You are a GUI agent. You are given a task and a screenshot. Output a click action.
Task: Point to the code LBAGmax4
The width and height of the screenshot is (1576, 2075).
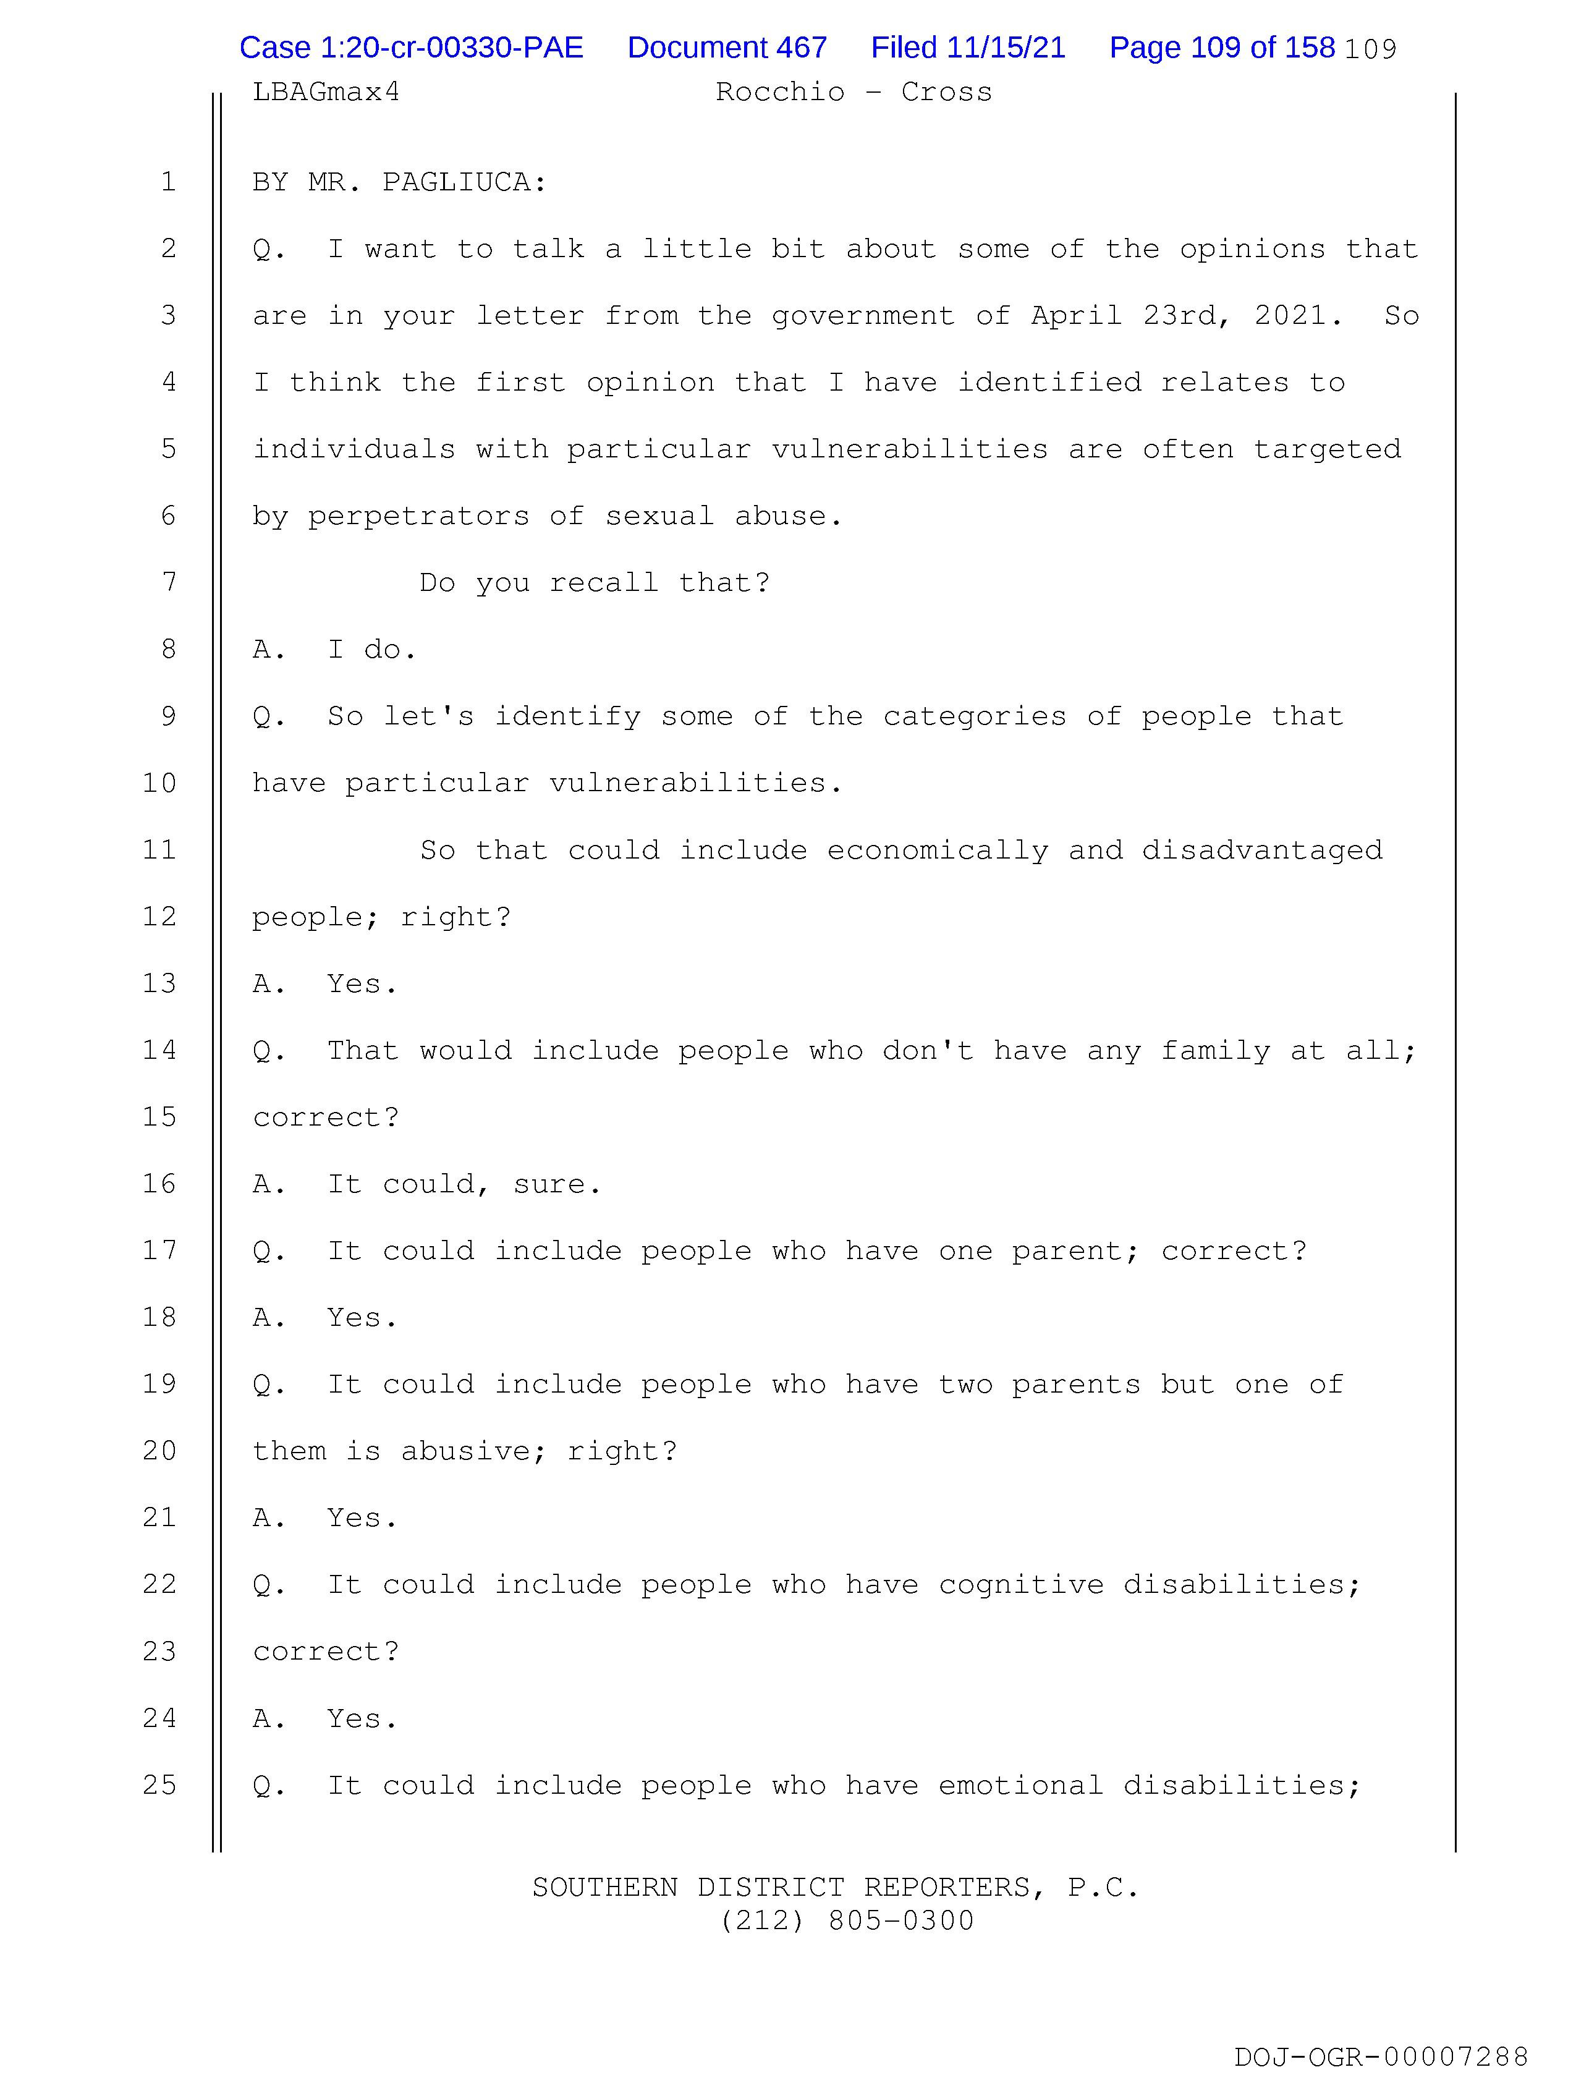click(x=326, y=92)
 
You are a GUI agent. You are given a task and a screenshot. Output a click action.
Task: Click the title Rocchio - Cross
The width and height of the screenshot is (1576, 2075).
click(x=853, y=92)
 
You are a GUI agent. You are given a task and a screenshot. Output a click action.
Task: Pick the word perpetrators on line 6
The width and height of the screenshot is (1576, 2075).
click(x=418, y=516)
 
